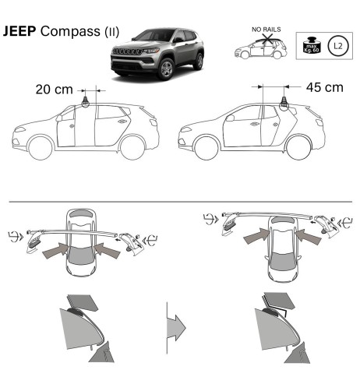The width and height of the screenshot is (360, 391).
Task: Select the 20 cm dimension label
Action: tap(55, 90)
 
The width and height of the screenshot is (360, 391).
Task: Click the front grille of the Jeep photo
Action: tap(127, 61)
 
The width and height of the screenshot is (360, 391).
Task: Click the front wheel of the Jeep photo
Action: tap(165, 70)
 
